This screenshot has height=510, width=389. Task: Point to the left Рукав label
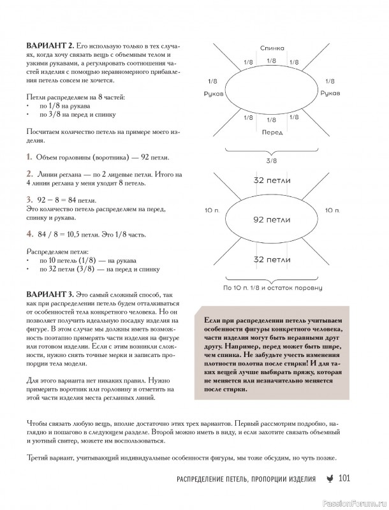[212, 94]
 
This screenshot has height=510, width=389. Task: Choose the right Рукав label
[330, 94]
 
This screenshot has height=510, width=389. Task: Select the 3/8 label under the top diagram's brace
[272, 161]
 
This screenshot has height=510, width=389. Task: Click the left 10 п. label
[212, 210]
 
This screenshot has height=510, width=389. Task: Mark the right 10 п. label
[332, 210]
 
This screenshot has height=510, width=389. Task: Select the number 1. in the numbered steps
[29, 157]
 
